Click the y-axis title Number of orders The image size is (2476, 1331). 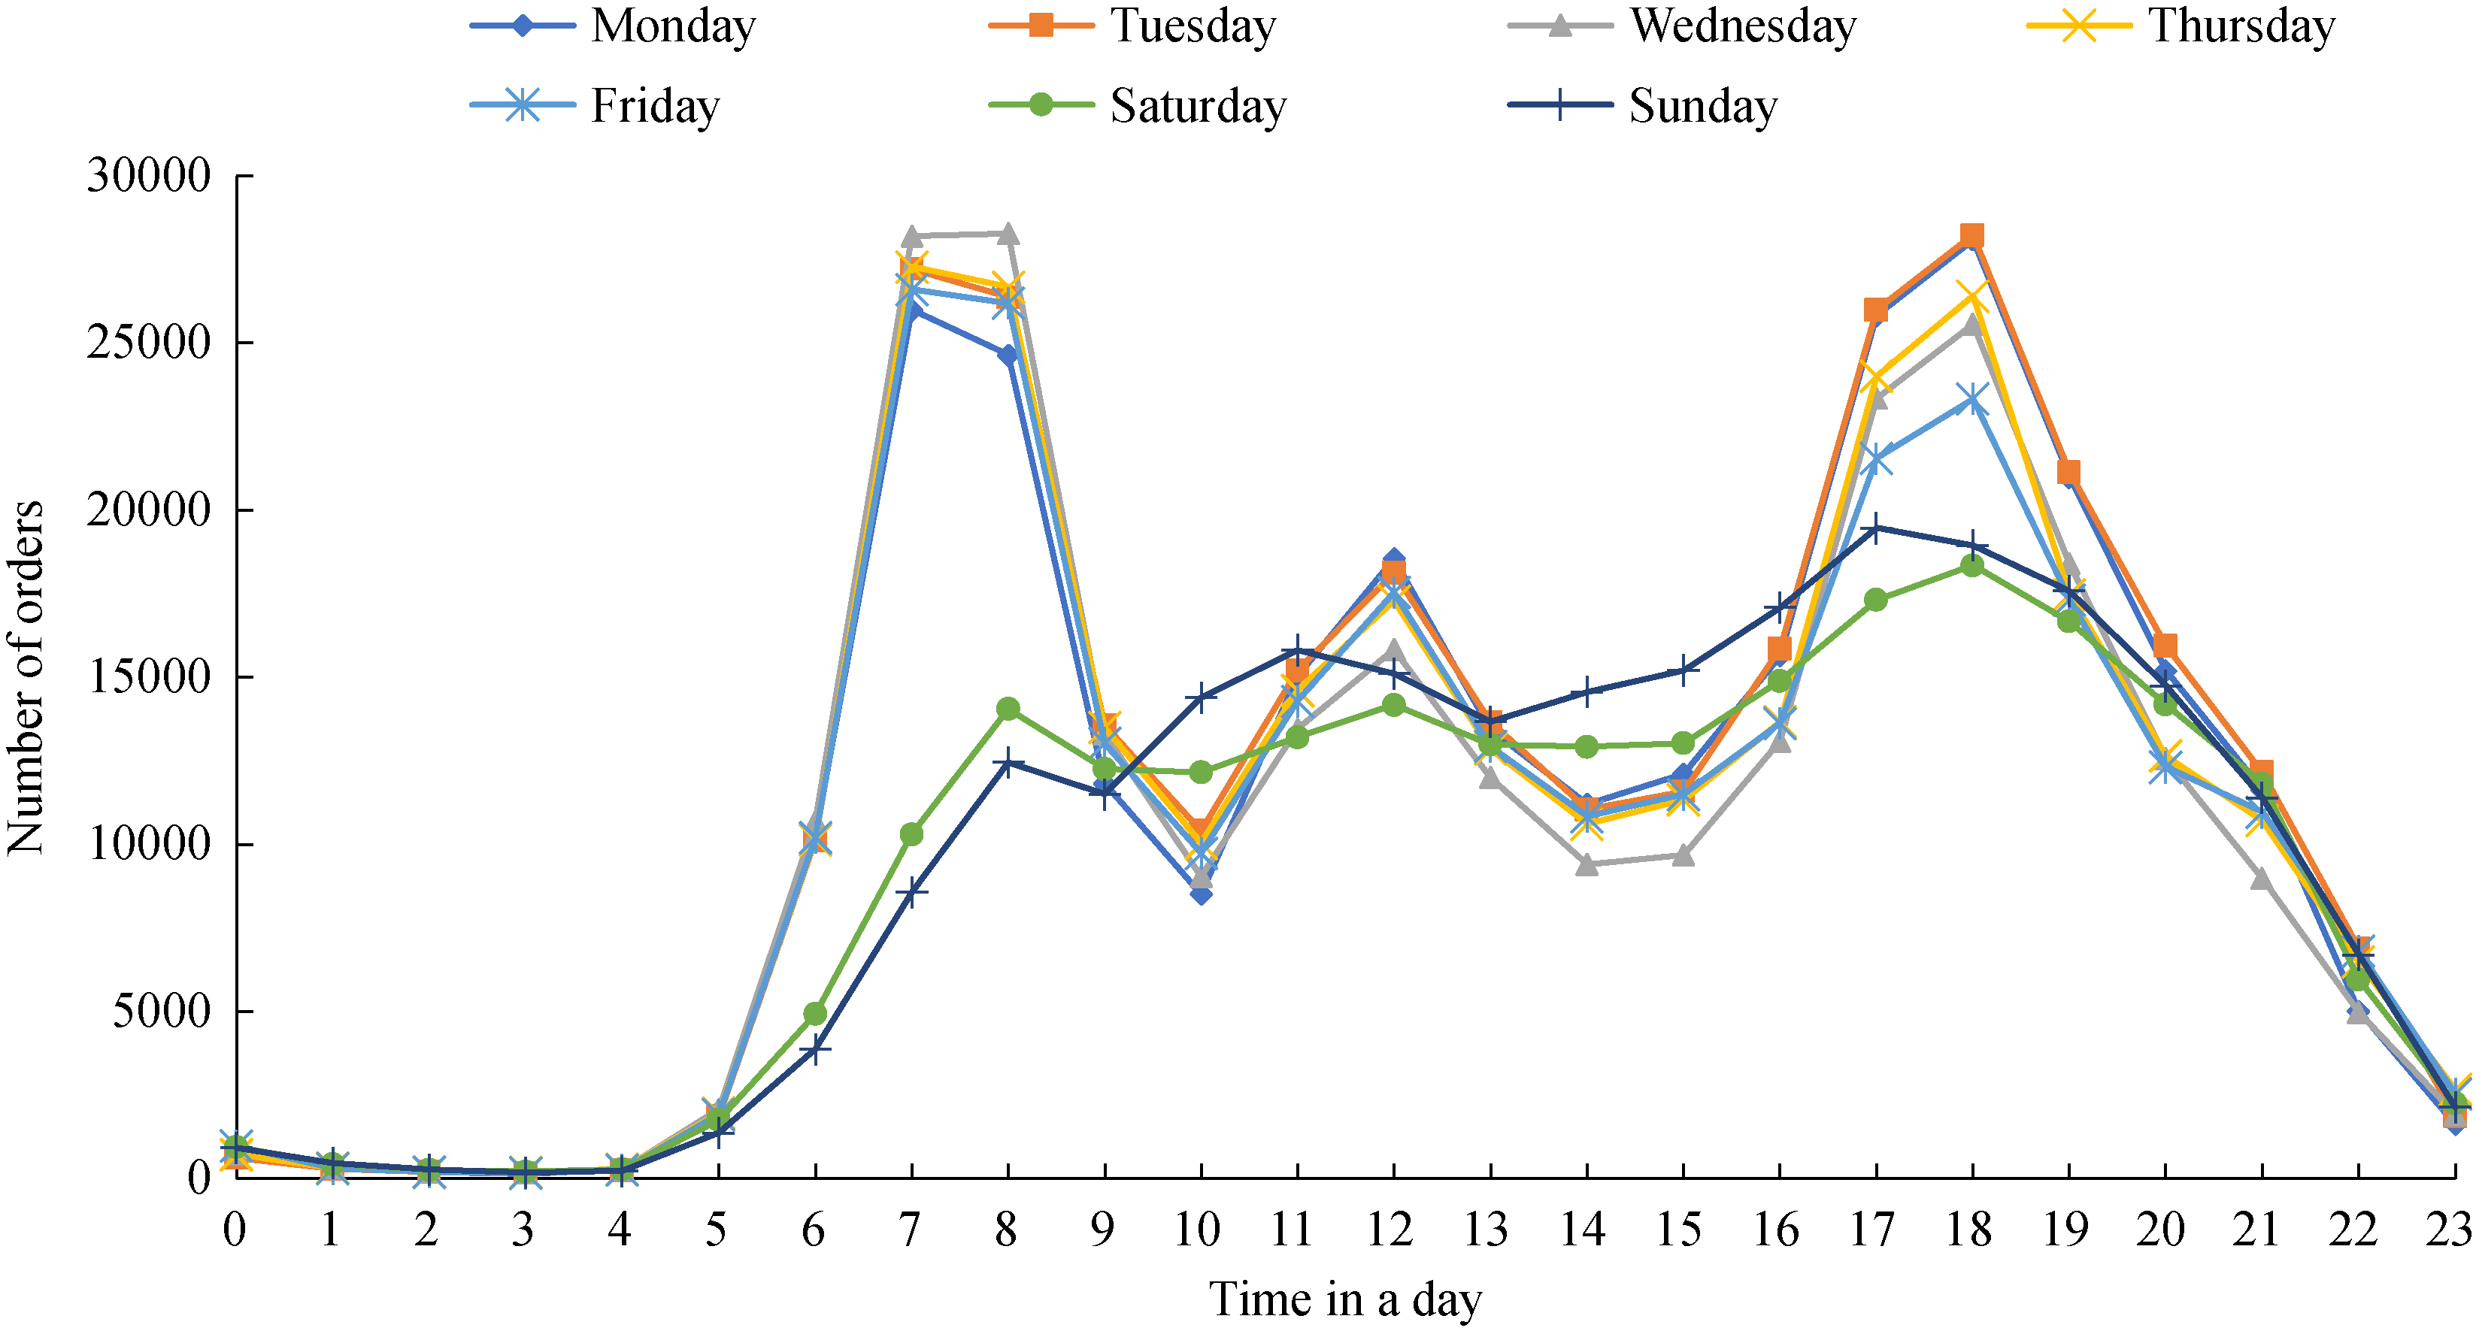[26, 677]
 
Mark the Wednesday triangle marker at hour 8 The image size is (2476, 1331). [1008, 234]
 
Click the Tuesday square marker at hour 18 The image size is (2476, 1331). [1971, 235]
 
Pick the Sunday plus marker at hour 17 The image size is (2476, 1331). [1875, 528]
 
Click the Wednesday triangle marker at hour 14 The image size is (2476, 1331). [1587, 865]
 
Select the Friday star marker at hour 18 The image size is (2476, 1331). [1971, 400]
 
